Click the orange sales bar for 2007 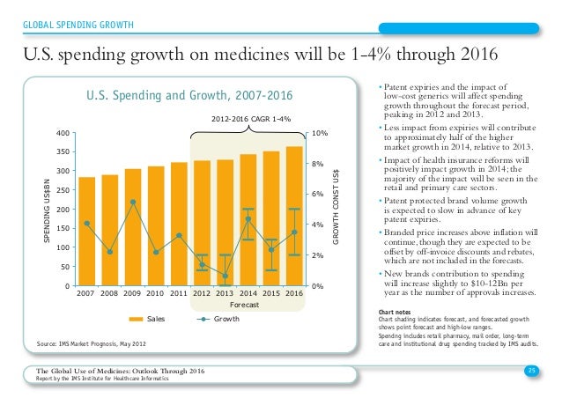point(86,232)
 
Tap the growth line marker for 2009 point(132,202)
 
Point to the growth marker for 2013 point(225,276)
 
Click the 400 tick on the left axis point(63,133)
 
